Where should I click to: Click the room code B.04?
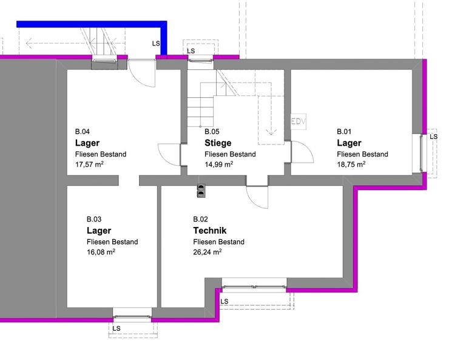83,131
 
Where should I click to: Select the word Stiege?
218,143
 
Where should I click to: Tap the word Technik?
210,231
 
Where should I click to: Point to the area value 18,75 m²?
351,164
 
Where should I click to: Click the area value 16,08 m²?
101,252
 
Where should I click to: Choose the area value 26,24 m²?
208,252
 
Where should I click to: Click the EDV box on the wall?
299,121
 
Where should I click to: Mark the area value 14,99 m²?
219,164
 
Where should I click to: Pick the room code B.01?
344,131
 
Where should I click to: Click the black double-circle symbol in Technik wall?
201,191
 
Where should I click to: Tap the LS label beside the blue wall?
156,44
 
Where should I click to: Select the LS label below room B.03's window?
116,328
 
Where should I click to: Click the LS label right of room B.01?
434,137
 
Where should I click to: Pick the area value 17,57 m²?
89,164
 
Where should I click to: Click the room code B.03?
94,219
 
